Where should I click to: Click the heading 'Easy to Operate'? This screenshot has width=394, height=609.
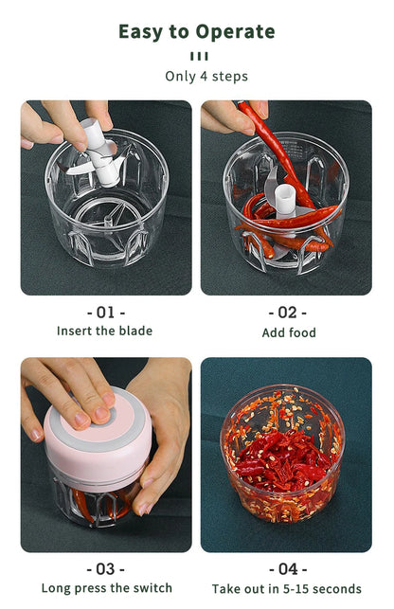pyautogui.click(x=196, y=31)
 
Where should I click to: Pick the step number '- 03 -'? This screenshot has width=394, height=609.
pyautogui.click(x=105, y=568)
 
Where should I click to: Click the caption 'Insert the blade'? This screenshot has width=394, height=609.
pyautogui.click(x=104, y=331)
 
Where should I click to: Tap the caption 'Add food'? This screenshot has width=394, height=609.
pyautogui.click(x=289, y=332)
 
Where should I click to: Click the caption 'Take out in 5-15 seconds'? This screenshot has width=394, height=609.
pyautogui.click(x=287, y=588)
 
